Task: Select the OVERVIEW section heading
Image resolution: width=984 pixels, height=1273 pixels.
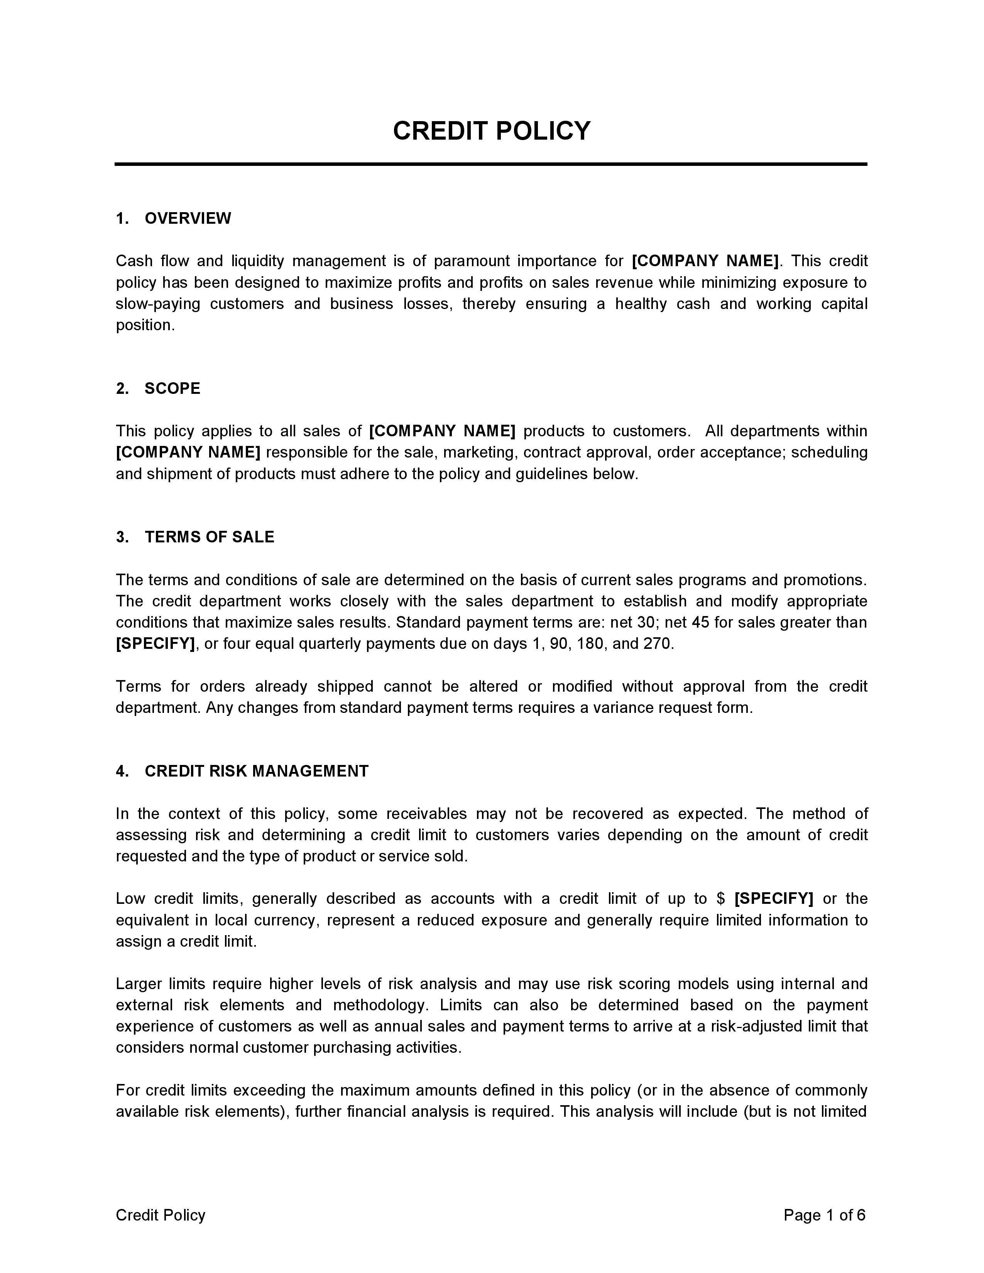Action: pyautogui.click(x=188, y=219)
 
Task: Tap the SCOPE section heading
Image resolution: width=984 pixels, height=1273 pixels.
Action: pyautogui.click(x=172, y=389)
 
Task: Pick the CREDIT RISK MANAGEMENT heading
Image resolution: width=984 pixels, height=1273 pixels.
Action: pyautogui.click(x=257, y=771)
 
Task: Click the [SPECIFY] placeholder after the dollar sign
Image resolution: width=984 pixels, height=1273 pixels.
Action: pyautogui.click(x=774, y=898)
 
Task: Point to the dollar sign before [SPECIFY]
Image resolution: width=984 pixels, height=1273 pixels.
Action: pyautogui.click(x=721, y=898)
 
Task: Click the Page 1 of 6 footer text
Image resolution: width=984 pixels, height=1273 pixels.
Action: pyautogui.click(x=824, y=1215)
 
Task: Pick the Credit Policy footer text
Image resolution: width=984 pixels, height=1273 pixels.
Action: pyautogui.click(x=160, y=1215)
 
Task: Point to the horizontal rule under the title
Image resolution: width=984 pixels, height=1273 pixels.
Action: pyautogui.click(x=491, y=164)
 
